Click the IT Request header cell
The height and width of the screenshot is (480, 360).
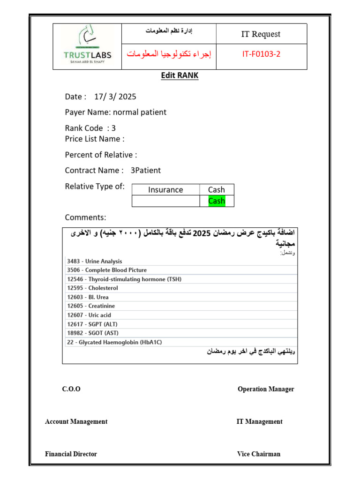[x=261, y=34]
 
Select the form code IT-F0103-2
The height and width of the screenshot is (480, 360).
[x=261, y=54]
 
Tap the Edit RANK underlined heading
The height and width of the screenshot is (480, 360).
[x=180, y=75]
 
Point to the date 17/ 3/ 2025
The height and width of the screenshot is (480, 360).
[x=115, y=97]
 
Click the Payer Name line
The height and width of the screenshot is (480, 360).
[x=115, y=112]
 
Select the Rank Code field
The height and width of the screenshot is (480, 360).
[x=90, y=128]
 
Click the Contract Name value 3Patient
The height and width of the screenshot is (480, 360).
[x=145, y=171]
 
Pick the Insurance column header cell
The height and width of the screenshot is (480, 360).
[x=165, y=190]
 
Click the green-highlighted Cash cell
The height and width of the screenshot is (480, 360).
[x=217, y=201]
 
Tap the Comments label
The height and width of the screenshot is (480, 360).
[x=85, y=217]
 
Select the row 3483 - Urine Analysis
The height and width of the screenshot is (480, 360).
[x=94, y=261]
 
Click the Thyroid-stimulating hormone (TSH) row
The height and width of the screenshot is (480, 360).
[x=124, y=279]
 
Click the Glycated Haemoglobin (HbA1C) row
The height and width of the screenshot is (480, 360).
[x=114, y=342]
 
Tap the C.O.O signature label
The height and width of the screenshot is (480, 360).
[x=71, y=389]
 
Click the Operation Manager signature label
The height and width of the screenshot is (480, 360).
[x=266, y=389]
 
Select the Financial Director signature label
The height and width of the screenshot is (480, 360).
[x=71, y=454]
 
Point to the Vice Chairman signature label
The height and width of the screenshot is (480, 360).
[x=259, y=454]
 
